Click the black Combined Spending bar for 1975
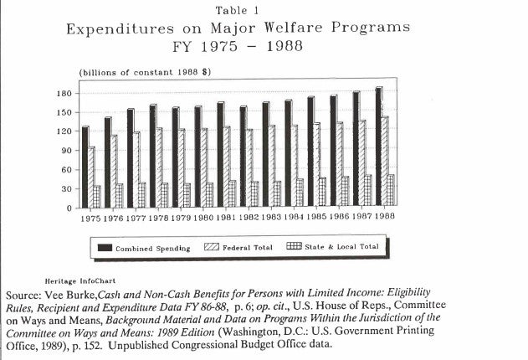[x=85, y=167]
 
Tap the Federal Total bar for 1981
[x=227, y=167]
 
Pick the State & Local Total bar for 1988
[x=391, y=191]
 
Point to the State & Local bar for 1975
[x=96, y=197]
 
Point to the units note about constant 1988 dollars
[x=144, y=73]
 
